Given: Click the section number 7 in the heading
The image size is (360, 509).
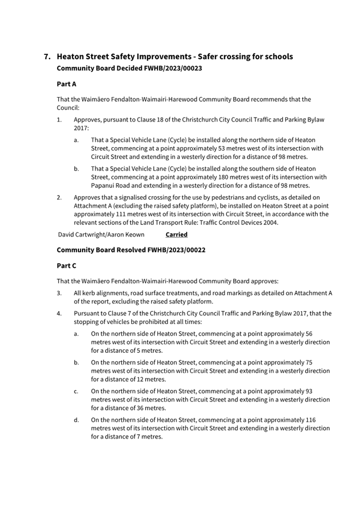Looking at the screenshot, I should (47, 56).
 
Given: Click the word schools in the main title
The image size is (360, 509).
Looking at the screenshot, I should (275, 56).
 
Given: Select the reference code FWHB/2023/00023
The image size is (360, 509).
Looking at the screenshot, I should (171, 69).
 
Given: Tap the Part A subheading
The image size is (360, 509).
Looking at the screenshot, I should (67, 84).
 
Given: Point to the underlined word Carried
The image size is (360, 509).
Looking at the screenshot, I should (177, 235).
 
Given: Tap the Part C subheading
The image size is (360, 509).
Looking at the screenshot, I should (67, 265).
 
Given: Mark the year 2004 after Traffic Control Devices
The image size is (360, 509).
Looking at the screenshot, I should (269, 223).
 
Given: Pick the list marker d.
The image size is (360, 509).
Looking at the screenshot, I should (76, 420).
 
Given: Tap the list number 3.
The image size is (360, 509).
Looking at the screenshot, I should (59, 293).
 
